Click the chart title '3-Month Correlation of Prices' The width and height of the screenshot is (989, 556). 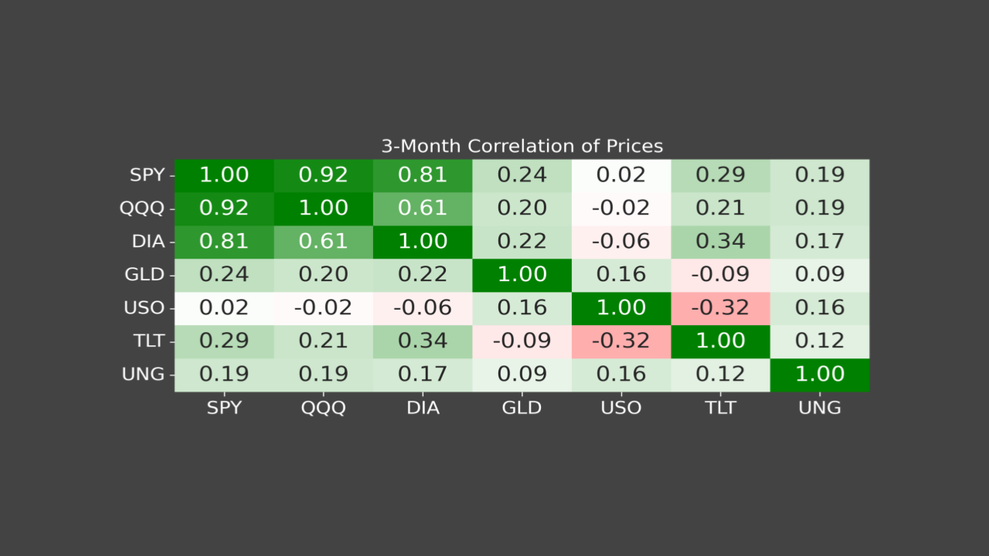point(522,146)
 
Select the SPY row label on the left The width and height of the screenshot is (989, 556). point(147,175)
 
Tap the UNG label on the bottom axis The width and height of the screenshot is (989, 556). point(820,408)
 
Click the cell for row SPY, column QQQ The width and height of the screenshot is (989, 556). point(323,175)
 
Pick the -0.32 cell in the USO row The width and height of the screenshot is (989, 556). point(720,308)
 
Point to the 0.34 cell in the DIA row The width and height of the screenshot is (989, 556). point(720,242)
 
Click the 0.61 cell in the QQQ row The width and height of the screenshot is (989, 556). point(423,208)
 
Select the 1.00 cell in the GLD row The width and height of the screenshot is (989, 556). point(522,275)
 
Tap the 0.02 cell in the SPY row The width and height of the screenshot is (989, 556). point(621,175)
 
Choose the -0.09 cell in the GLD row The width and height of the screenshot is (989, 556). point(720,275)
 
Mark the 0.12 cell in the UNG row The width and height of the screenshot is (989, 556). point(720,375)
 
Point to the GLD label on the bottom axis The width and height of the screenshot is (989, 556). point(522,408)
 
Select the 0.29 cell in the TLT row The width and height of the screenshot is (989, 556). point(224,341)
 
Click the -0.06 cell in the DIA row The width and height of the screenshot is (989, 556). point(621,242)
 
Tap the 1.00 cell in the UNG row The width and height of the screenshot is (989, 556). point(820,375)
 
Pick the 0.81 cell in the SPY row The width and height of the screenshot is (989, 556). point(423,175)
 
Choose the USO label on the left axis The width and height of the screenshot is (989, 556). point(144,308)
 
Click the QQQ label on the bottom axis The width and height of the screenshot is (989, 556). point(323,408)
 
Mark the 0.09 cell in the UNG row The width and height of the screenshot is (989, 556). point(522,375)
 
